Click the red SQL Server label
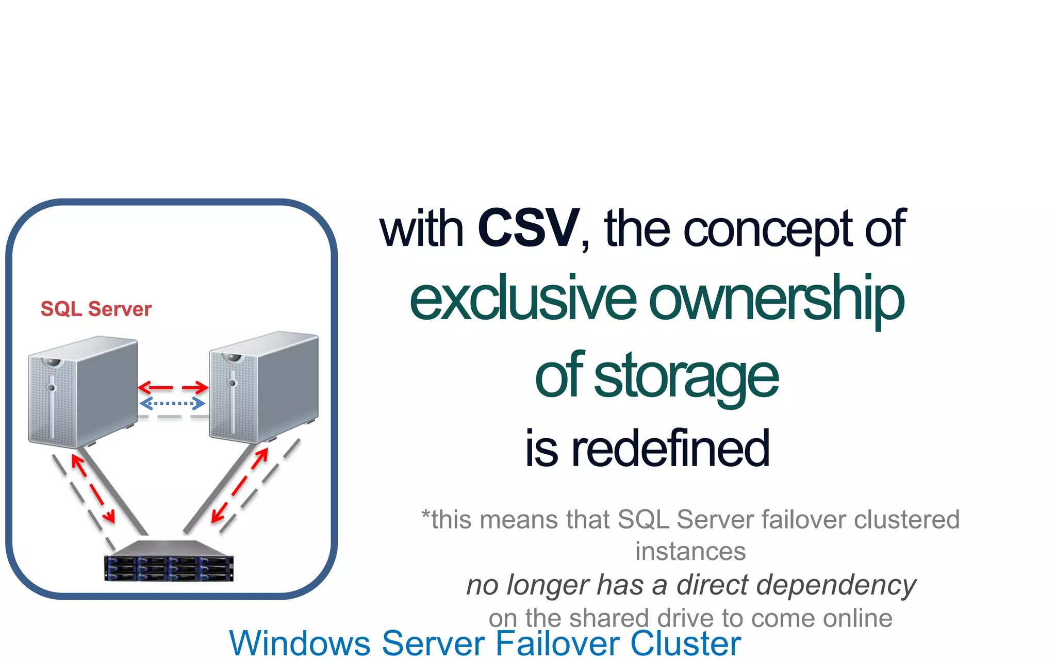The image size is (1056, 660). (x=96, y=309)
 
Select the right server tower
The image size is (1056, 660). (x=263, y=387)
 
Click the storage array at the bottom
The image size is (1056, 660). (x=169, y=562)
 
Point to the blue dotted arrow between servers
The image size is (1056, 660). (x=172, y=403)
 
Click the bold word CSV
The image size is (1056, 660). (x=529, y=228)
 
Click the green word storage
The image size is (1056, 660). (x=686, y=376)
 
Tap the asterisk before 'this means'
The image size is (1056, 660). (x=425, y=515)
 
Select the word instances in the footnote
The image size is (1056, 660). (x=690, y=551)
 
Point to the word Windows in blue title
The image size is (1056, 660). (x=300, y=643)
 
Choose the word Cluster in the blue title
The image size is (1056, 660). (x=685, y=643)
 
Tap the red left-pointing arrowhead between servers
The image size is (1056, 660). (x=144, y=387)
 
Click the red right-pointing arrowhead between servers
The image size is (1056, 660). (x=202, y=387)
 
